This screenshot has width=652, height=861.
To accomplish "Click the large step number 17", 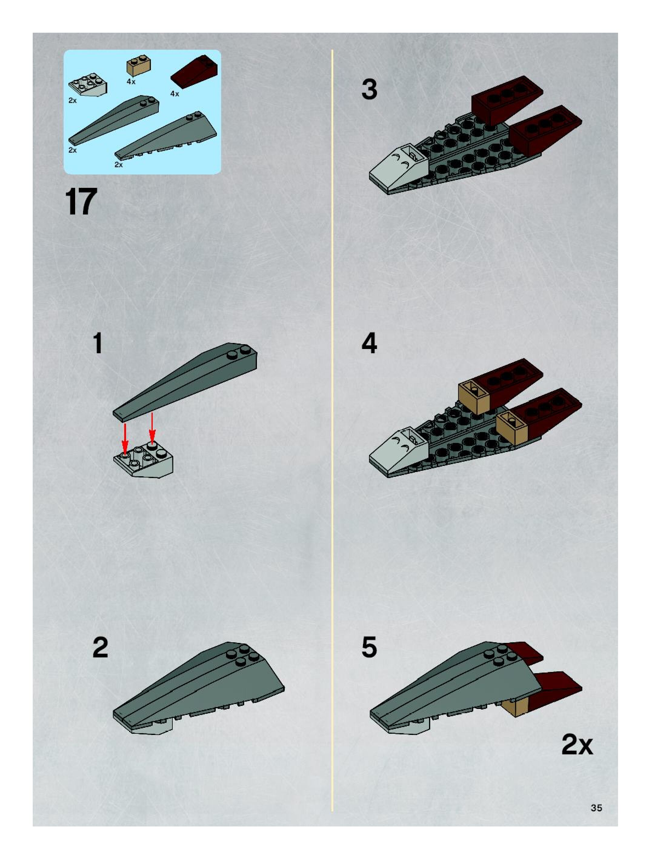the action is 81,202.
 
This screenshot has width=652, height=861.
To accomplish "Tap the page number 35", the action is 596,808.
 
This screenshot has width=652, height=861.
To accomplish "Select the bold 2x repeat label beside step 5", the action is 577,745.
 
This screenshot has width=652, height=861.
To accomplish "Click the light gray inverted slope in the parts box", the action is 88,85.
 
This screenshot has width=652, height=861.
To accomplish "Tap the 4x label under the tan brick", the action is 131,82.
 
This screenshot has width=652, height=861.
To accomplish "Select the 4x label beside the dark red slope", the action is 175,94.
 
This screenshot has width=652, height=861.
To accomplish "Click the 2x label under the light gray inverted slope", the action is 73,100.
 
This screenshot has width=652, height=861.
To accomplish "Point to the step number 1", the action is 98,343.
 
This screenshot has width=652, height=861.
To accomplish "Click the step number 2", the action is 100,647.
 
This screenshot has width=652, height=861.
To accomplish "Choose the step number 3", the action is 369,89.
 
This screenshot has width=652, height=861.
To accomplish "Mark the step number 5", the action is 369,647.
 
